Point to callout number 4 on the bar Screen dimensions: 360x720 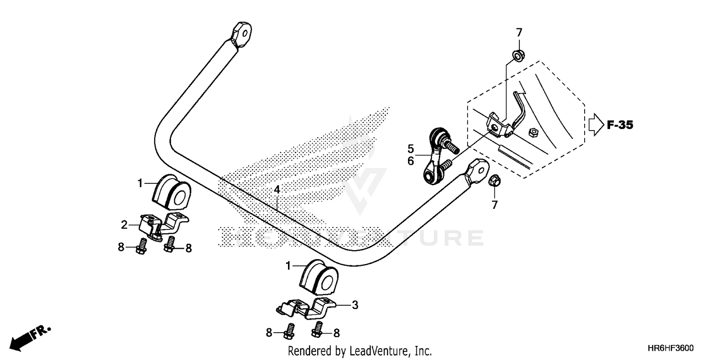click(x=277, y=190)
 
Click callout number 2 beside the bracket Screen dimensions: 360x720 click(x=124, y=224)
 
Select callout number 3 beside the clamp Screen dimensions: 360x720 click(x=355, y=304)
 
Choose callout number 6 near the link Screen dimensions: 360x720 click(x=411, y=161)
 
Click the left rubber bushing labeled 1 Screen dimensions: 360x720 click(x=170, y=192)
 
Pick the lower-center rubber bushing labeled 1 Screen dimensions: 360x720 click(x=319, y=279)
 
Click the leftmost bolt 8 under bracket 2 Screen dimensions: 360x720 click(x=143, y=246)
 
